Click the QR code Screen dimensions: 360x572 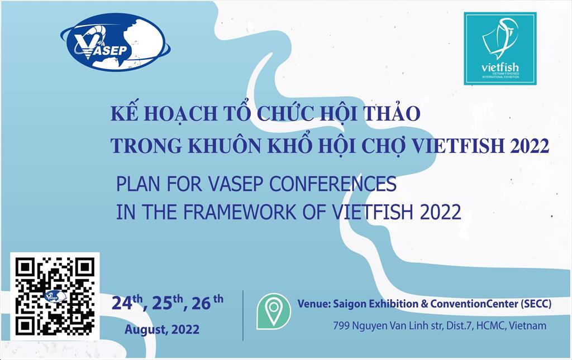pyautogui.click(x=55, y=296)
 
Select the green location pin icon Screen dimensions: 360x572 pyautogui.click(x=273, y=311)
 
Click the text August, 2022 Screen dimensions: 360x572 pyautogui.click(x=162, y=329)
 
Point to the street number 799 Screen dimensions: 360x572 pyautogui.click(x=341, y=325)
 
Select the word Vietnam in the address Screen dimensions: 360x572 pyautogui.click(x=527, y=325)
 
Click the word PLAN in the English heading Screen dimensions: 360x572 pyautogui.click(x=135, y=184)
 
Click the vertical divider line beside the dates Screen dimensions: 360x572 pyautogui.click(x=243, y=315)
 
